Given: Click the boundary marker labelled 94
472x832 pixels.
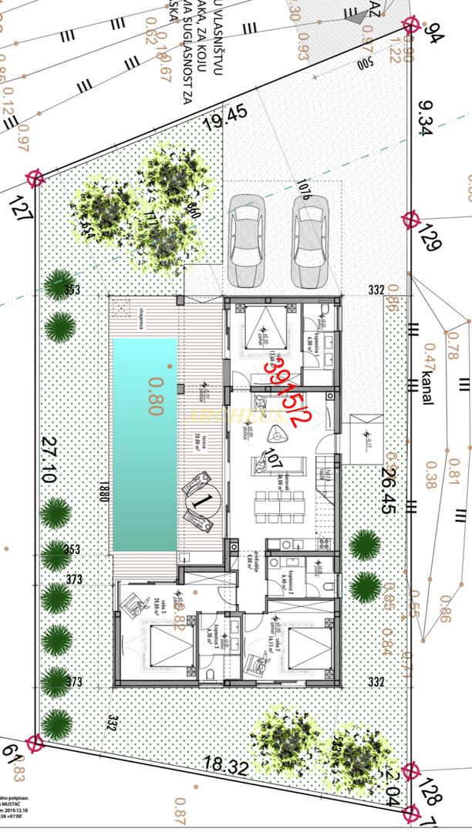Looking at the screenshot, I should (410, 25).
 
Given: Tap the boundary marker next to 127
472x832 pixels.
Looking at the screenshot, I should (35, 179).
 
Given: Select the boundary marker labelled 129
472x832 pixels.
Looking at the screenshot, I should (411, 220).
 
